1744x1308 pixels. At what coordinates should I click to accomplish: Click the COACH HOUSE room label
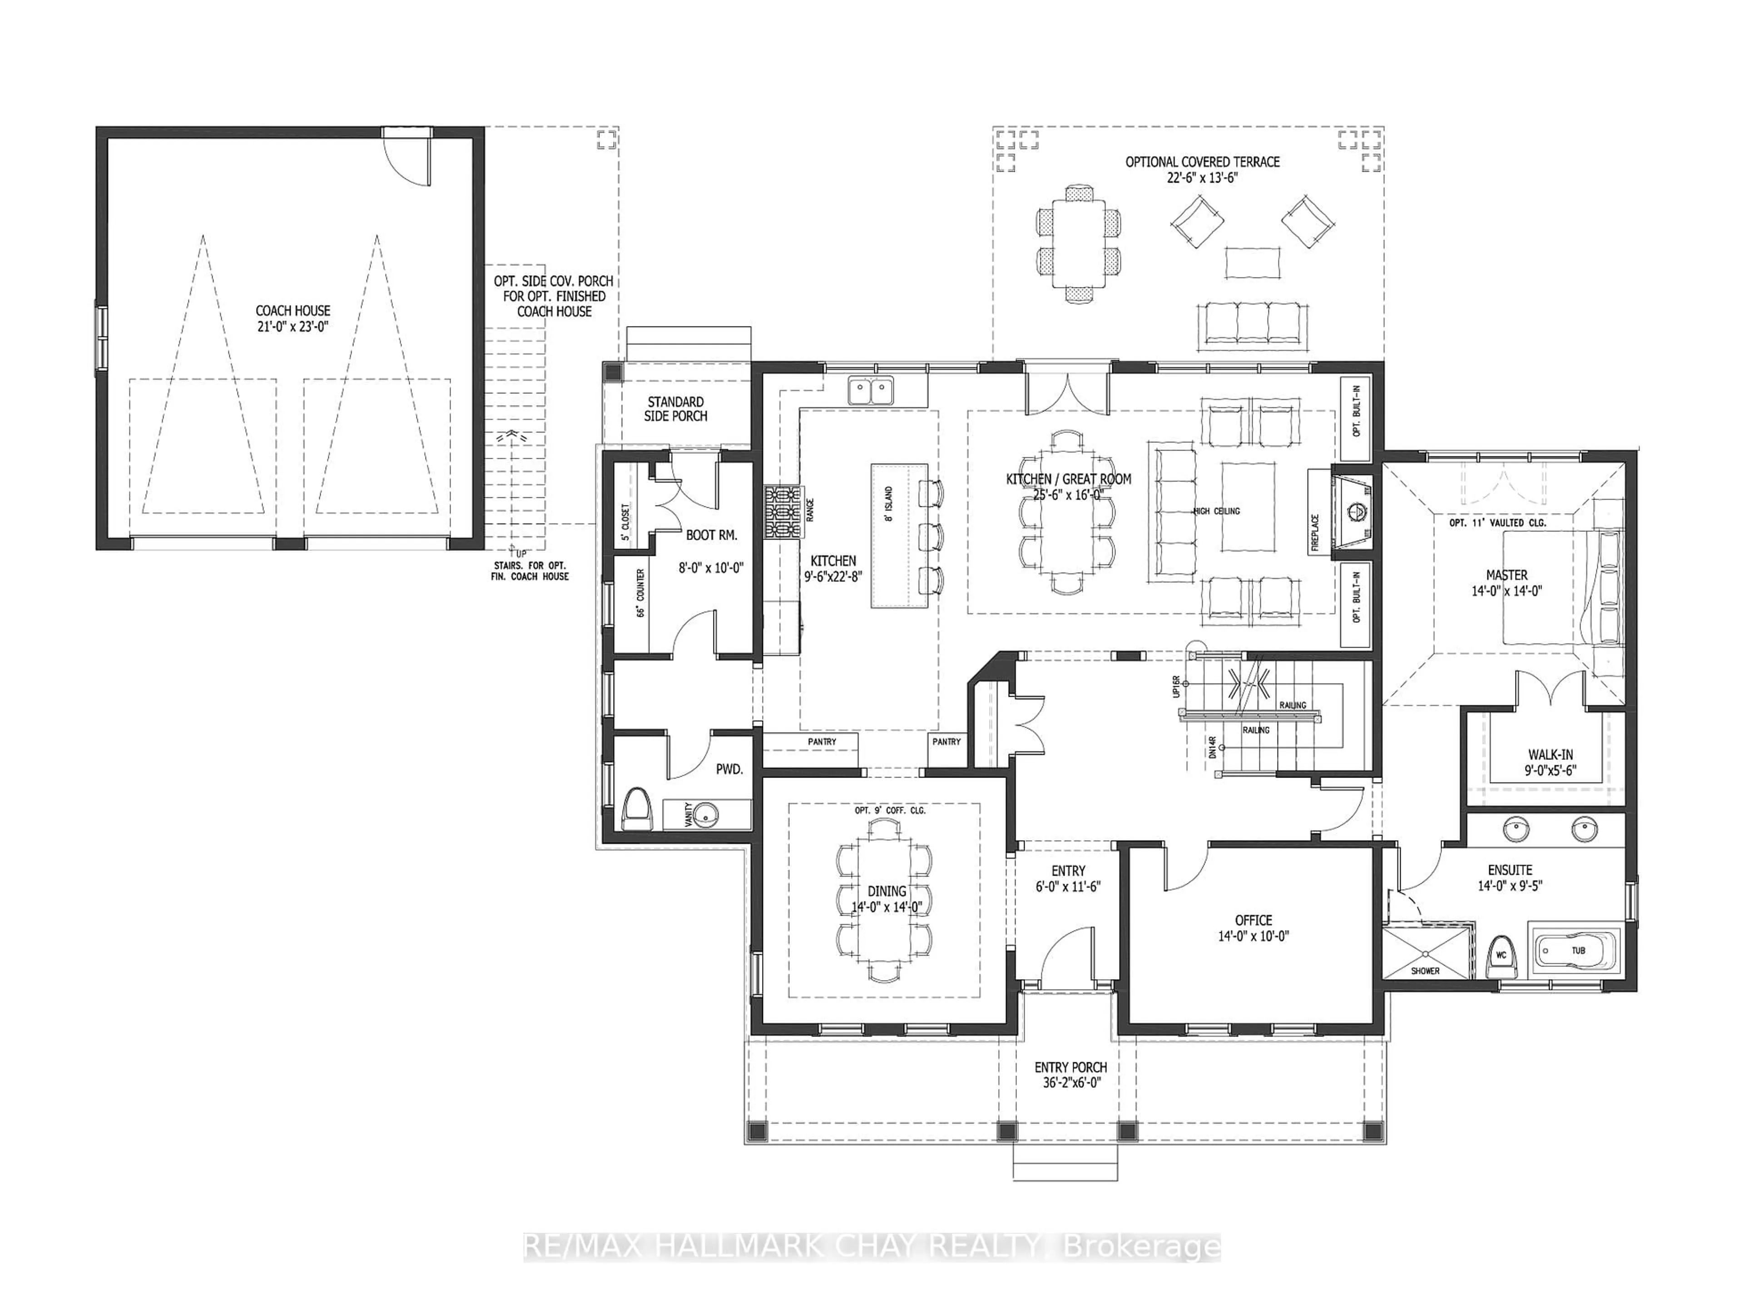tap(292, 311)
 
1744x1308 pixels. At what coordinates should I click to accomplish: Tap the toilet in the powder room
tap(637, 811)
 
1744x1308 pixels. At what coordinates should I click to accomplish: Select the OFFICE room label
tap(1253, 920)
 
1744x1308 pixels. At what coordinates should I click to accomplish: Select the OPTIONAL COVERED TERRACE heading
tap(1202, 162)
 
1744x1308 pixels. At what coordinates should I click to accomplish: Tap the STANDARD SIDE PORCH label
tap(676, 408)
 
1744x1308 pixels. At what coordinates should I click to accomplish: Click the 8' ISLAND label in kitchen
tap(888, 505)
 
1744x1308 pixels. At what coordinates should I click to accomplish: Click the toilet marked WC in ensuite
tap(1501, 955)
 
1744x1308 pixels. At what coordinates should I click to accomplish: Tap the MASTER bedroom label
tap(1506, 575)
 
